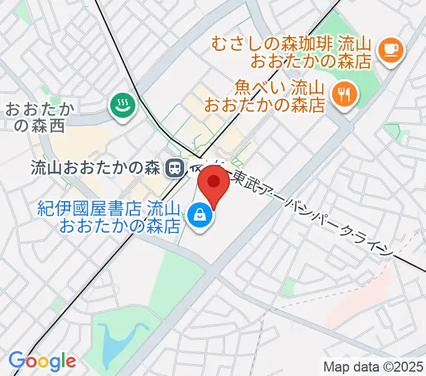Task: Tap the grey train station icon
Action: (174, 167)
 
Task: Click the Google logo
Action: (42, 361)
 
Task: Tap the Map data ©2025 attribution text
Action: (373, 366)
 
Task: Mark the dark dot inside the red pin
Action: (214, 182)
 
